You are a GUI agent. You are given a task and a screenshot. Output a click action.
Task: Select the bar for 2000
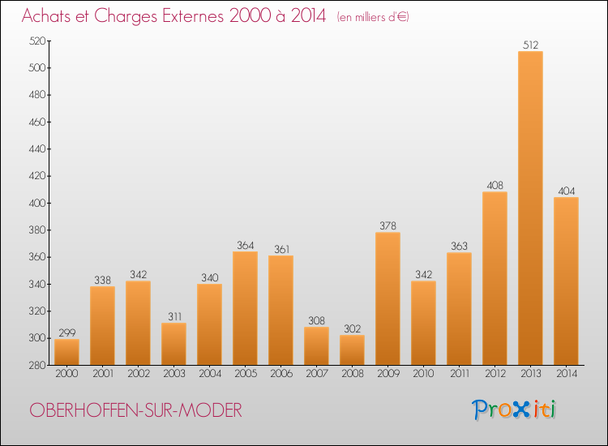[x=66, y=352]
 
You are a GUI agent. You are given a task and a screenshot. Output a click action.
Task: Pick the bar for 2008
[x=352, y=350]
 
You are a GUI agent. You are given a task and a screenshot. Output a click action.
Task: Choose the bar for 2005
[x=245, y=308]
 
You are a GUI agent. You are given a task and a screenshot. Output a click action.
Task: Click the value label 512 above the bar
[x=530, y=45]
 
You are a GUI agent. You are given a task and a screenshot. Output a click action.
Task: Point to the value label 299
[x=66, y=332]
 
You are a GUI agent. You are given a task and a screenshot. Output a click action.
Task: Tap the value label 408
[x=495, y=186]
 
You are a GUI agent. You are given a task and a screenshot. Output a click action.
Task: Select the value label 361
[x=280, y=249]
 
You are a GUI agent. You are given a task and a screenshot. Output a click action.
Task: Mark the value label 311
[x=173, y=316]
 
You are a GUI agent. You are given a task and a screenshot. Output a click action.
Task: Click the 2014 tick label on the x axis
[x=566, y=374]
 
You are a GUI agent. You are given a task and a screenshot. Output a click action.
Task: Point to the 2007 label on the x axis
[x=316, y=374]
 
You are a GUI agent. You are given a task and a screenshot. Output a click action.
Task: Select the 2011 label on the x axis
[x=459, y=374]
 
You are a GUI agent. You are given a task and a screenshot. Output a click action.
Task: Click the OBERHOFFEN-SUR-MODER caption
[x=136, y=410]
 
